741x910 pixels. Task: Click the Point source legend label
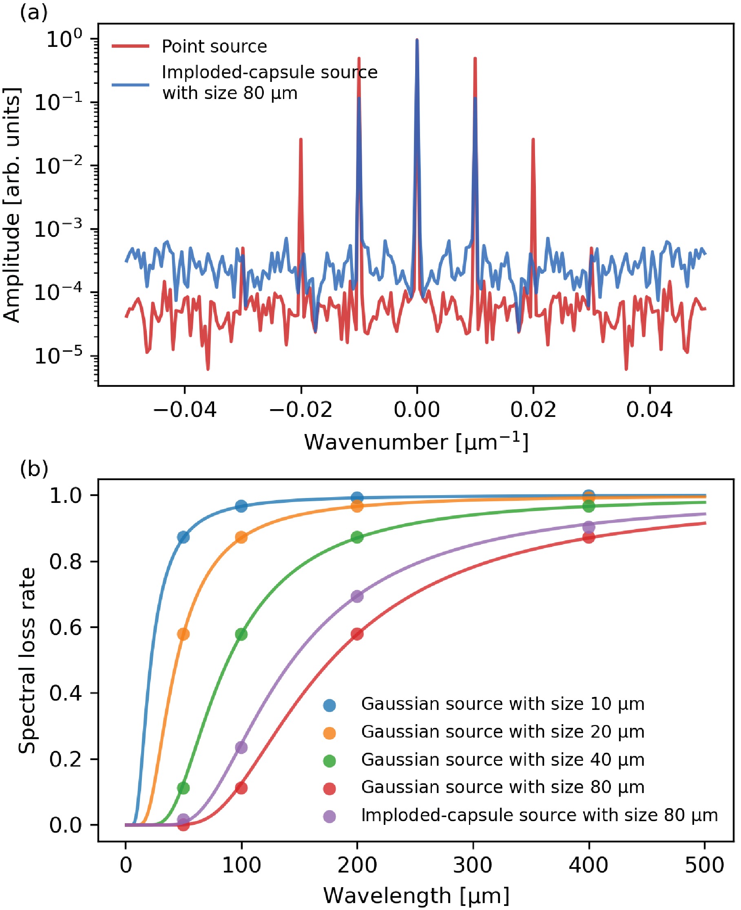coord(214,46)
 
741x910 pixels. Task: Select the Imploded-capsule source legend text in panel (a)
coord(269,82)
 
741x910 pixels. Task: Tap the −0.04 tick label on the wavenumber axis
coord(185,410)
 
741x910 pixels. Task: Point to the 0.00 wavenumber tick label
coord(417,410)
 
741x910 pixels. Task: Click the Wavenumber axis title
coord(416,442)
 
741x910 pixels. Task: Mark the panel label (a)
coord(33,13)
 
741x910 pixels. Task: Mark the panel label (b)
coord(34,469)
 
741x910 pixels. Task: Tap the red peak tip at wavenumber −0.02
coord(301,139)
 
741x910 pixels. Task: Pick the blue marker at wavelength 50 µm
coord(183,537)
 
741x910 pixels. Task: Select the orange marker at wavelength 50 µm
coord(183,634)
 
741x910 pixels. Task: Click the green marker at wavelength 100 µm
coord(241,634)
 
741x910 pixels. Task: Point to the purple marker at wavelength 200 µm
coord(357,596)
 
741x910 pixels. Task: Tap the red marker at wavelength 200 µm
coord(357,634)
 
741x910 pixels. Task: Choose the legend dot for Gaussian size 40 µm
coord(330,761)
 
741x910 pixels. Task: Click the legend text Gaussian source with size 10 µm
coord(502,704)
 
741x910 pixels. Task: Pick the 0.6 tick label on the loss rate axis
coord(65,627)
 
